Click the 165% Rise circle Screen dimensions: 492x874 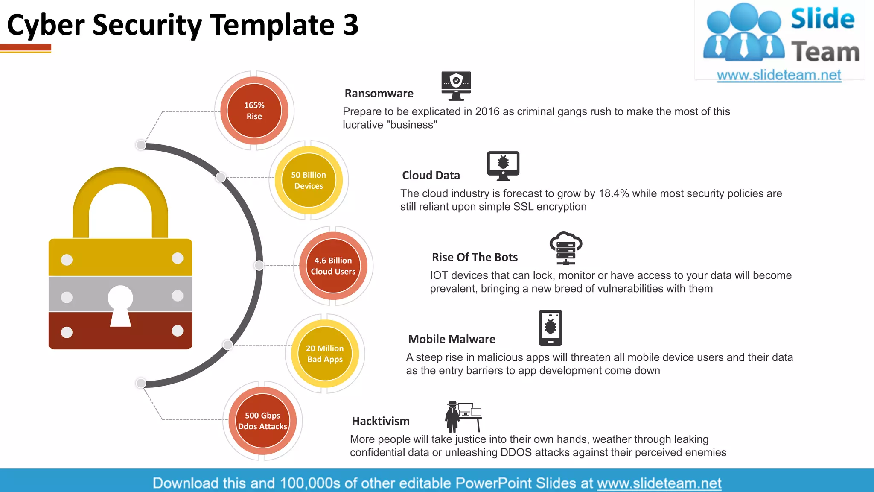[254, 111]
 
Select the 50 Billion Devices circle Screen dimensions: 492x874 [309, 180]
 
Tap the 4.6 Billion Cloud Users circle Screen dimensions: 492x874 [333, 266]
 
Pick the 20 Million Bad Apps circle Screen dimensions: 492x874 [325, 354]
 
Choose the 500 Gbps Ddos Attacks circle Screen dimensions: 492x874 [262, 421]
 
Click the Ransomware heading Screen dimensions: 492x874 [379, 94]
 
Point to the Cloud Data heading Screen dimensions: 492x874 [431, 176]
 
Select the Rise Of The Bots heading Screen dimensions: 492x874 [475, 258]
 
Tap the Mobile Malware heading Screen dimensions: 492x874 [452, 340]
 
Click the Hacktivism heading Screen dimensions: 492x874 [381, 422]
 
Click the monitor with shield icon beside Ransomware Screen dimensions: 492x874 [456, 85]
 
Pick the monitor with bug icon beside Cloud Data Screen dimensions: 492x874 [503, 165]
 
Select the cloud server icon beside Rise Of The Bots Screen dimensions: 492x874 [565, 248]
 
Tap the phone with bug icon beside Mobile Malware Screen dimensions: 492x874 [550, 328]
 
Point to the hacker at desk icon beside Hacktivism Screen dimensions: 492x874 [463, 416]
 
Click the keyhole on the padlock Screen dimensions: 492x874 [120, 304]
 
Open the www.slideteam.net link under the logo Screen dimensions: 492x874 [779, 75]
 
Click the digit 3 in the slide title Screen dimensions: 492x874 [350, 25]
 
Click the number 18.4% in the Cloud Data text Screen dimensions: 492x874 [614, 193]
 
